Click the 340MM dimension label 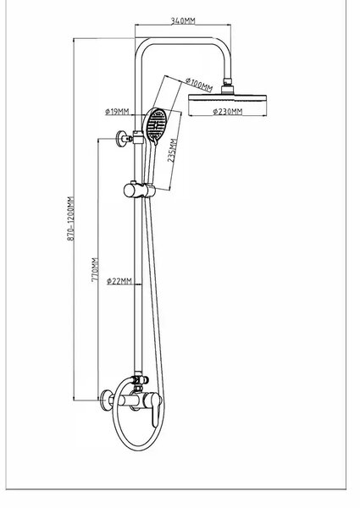pos(183,20)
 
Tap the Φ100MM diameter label pos(199,84)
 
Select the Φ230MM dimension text pos(228,112)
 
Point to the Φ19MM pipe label pos(117,112)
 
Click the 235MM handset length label pos(173,150)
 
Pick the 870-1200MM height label pos(70,218)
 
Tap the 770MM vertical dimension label pos(95,269)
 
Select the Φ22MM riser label pos(119,281)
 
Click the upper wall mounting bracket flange pos(121,138)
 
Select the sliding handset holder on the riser pos(139,190)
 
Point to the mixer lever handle pos(156,409)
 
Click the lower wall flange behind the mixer pos(106,400)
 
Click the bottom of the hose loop pos(138,450)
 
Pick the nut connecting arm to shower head pos(228,80)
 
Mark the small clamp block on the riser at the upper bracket pos(138,137)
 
